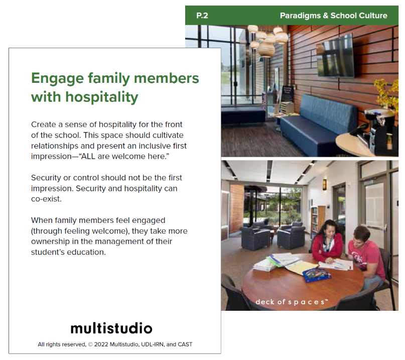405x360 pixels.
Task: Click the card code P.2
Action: coord(202,16)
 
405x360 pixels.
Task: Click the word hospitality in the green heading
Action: coord(102,97)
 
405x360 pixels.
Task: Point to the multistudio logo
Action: coord(111,328)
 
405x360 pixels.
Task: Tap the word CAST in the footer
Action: coord(185,344)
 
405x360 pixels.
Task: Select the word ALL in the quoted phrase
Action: coord(88,156)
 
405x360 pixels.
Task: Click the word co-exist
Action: coord(47,199)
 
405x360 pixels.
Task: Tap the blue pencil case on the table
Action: coord(317,275)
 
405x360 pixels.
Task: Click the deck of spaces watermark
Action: coord(292,302)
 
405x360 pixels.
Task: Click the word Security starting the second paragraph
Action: coord(46,178)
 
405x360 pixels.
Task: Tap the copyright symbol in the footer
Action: coord(90,344)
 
